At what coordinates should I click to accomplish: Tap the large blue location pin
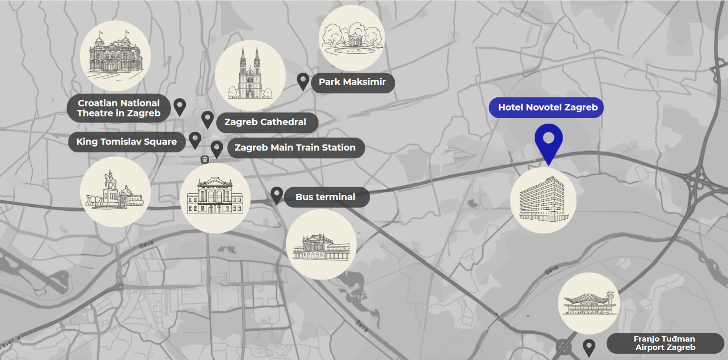(x=548, y=140)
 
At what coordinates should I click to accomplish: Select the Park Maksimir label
(x=353, y=82)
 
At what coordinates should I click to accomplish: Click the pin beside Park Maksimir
(x=303, y=80)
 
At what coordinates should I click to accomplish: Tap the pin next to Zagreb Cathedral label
(x=208, y=119)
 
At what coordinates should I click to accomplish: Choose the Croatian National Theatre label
(x=119, y=108)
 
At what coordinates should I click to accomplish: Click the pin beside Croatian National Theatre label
(x=180, y=106)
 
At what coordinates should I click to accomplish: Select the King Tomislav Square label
(x=127, y=142)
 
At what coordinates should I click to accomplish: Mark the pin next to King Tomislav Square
(x=195, y=139)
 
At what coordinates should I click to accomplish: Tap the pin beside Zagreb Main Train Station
(x=217, y=148)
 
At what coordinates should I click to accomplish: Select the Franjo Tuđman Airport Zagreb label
(x=665, y=343)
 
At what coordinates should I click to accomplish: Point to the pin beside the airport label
(x=589, y=346)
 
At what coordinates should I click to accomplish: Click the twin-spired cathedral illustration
(x=250, y=75)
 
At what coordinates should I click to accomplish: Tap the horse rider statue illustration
(x=115, y=192)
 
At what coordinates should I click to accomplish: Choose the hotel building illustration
(x=543, y=200)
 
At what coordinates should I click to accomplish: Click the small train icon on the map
(x=205, y=160)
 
